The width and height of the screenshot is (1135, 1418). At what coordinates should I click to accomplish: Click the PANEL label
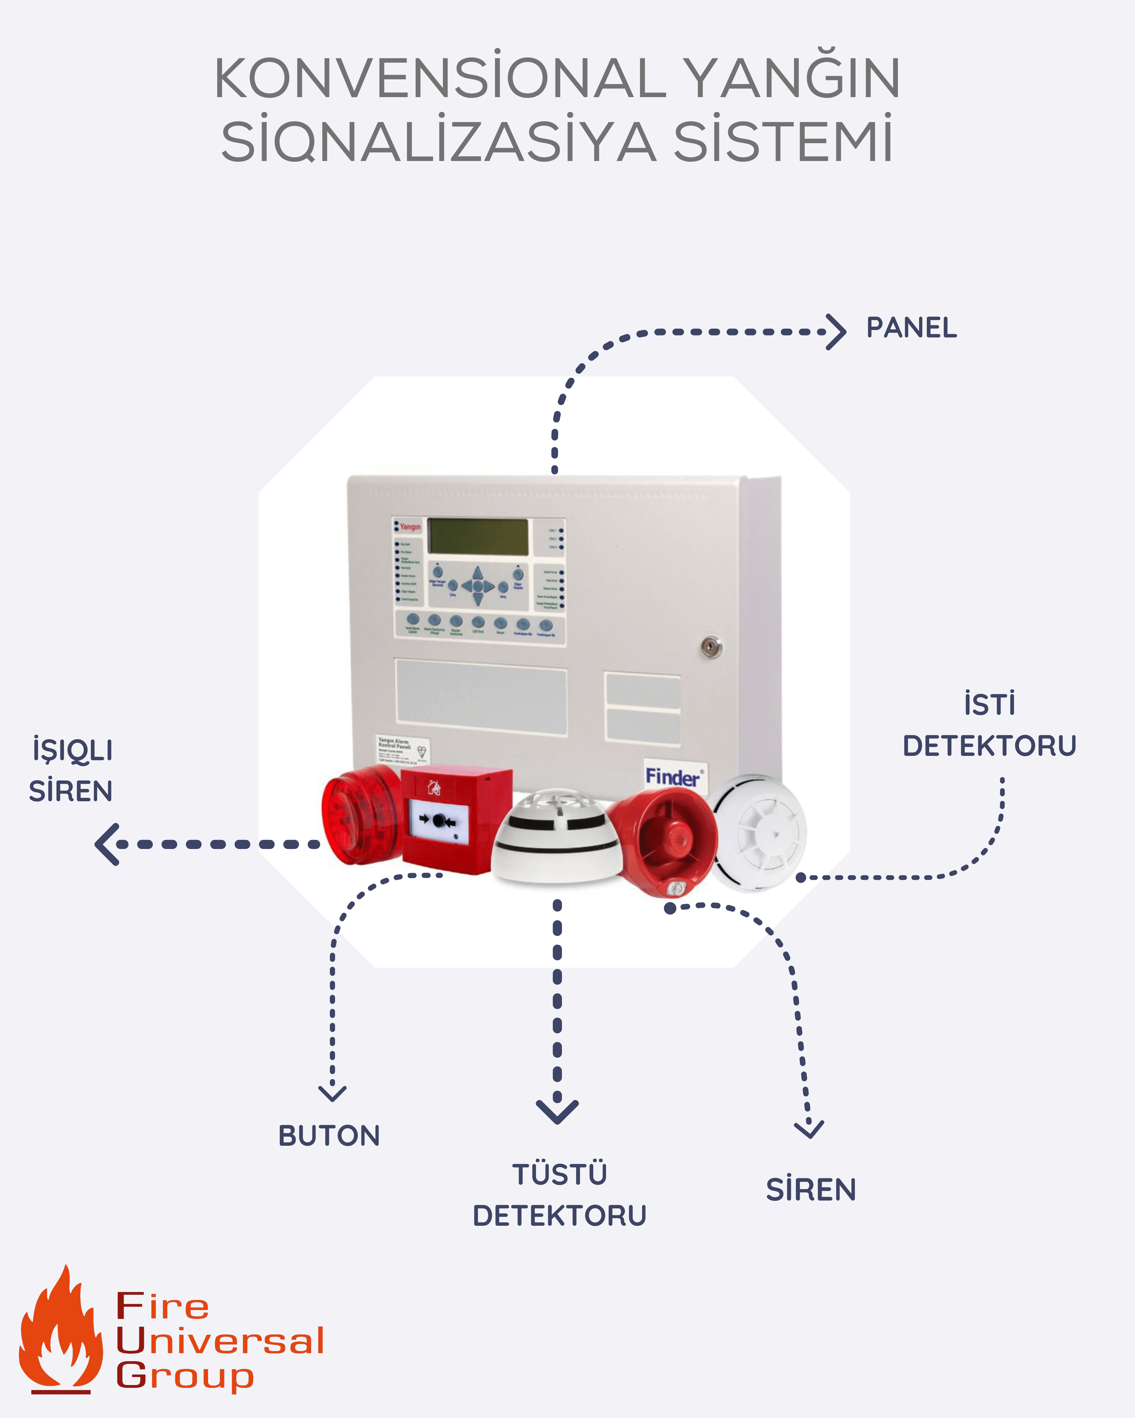911,328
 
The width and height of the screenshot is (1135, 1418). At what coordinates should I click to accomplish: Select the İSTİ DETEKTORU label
989,725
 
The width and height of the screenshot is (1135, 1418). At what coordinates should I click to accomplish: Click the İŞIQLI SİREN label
71,770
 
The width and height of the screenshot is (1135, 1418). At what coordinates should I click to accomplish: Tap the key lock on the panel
711,647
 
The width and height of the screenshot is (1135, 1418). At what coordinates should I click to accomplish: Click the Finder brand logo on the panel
673,777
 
